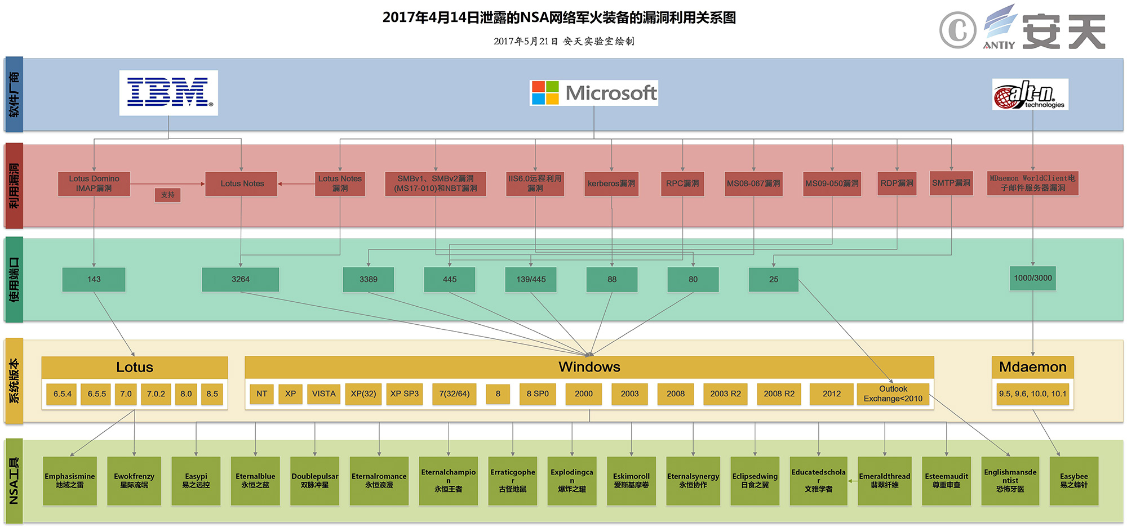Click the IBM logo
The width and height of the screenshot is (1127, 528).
click(168, 93)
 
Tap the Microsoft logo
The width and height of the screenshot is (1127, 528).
click(594, 93)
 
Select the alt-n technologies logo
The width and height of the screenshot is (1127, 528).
click(1030, 95)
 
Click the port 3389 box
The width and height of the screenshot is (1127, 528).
click(369, 280)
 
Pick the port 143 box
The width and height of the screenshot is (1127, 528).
click(94, 280)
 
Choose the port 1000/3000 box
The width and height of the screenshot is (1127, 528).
click(1033, 278)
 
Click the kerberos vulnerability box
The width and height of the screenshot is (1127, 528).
click(611, 184)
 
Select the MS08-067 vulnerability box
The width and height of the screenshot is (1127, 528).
click(753, 184)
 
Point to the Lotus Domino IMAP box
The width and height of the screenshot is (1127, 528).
click(94, 184)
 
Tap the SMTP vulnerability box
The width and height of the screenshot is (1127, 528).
click(951, 184)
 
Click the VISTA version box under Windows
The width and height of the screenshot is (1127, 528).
click(324, 394)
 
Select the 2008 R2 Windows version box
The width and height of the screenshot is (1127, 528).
click(779, 394)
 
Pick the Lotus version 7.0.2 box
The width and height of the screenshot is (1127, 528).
click(156, 394)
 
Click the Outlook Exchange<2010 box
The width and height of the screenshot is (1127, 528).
click(893, 394)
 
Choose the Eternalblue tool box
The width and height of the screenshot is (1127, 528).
click(255, 481)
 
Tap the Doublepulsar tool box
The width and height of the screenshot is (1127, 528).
click(315, 481)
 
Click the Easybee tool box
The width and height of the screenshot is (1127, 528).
click(1074, 481)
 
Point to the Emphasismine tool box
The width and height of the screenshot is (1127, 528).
click(70, 481)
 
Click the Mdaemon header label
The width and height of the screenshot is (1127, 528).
click(1033, 367)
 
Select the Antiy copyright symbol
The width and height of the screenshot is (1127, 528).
click(957, 30)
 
